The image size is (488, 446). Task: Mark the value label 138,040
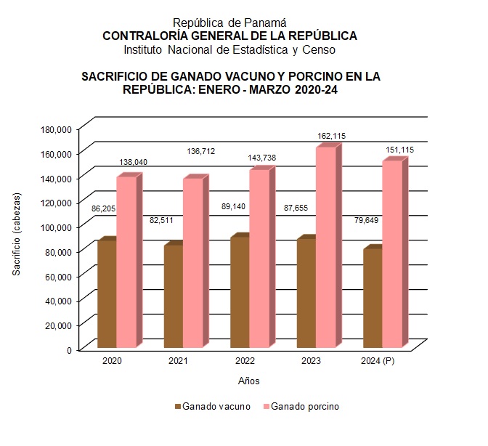click(x=133, y=163)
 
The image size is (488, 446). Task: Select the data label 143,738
click(x=261, y=158)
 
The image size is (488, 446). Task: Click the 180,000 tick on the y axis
click(x=56, y=129)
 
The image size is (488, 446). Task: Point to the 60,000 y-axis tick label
click(x=58, y=276)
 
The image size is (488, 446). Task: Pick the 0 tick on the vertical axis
click(x=69, y=349)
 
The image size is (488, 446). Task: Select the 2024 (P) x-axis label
click(x=378, y=361)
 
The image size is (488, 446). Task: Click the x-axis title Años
click(x=248, y=381)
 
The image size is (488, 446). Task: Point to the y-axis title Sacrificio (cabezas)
click(x=16, y=234)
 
